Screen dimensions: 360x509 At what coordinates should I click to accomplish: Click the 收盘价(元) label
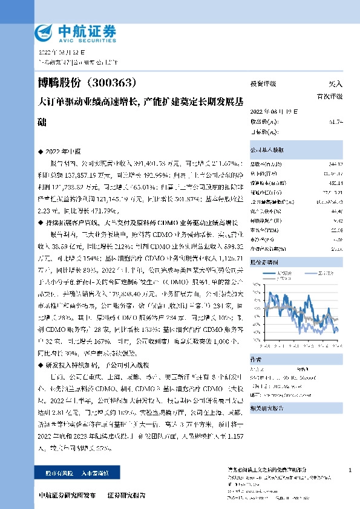click(264, 122)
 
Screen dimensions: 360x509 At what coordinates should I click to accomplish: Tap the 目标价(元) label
click(264, 132)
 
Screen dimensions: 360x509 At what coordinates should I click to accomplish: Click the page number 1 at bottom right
click(351, 470)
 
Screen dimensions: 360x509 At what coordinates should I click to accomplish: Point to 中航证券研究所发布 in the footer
click(67, 495)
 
